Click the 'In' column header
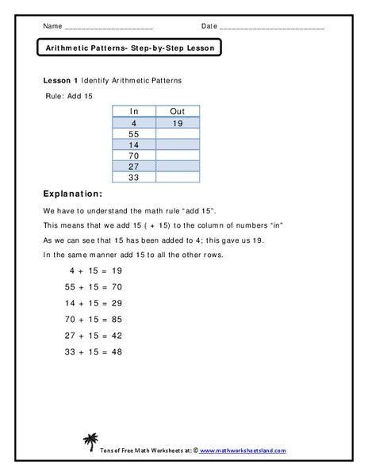click(133, 112)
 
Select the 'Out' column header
click(178, 112)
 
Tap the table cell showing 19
click(178, 124)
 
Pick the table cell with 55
click(133, 135)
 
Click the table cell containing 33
click(133, 179)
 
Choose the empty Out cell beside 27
click(178, 168)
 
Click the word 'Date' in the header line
click(209, 25)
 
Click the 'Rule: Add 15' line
click(71, 95)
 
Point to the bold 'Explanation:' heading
click(71, 194)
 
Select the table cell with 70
click(133, 157)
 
